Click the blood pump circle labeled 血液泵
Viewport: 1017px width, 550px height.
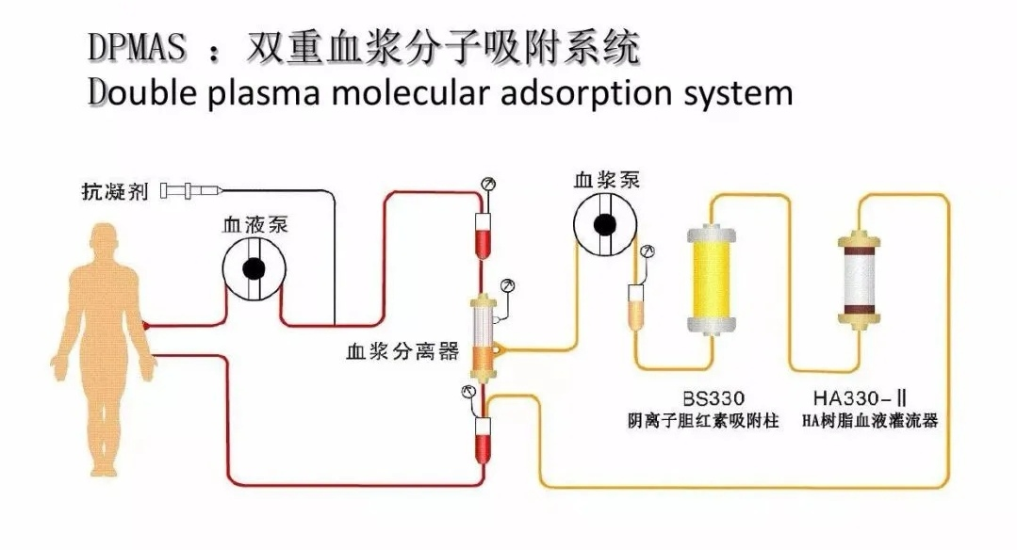pyautogui.click(x=254, y=268)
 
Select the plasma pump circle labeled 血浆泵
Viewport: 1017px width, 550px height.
pyautogui.click(x=605, y=224)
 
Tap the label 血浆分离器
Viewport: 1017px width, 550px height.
pyautogui.click(x=402, y=352)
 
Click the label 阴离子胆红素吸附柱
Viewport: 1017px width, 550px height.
pyautogui.click(x=703, y=421)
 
